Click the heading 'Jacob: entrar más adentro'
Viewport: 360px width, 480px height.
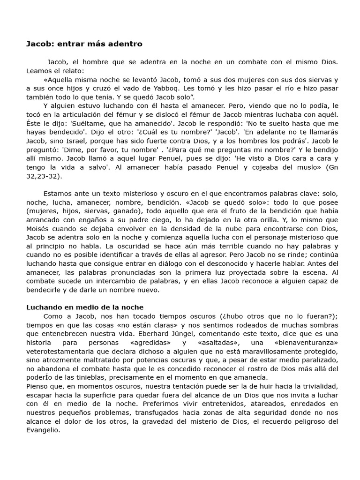[x=84, y=44]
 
